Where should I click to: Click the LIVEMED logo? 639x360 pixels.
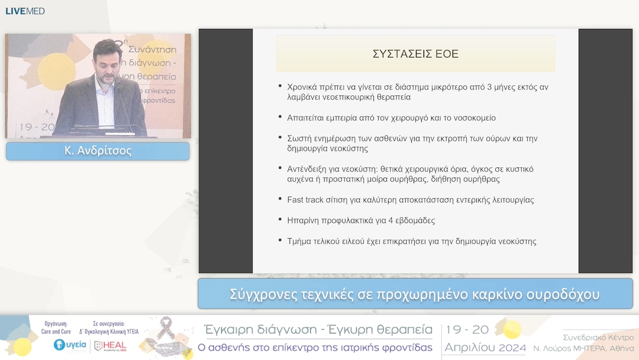25,11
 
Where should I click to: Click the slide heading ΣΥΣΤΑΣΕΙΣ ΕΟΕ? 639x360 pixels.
415,54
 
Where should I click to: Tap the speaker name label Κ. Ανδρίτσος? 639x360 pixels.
98,151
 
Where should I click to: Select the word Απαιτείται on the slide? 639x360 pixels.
308,118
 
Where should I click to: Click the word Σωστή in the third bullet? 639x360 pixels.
299,139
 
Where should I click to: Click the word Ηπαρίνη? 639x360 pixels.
304,220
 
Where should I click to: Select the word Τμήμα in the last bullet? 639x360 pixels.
299,241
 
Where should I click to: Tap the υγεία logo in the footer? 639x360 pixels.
70,345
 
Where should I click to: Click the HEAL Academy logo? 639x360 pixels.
110,345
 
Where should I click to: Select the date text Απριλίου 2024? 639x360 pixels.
485,347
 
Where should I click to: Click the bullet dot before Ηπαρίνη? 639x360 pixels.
280,220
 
